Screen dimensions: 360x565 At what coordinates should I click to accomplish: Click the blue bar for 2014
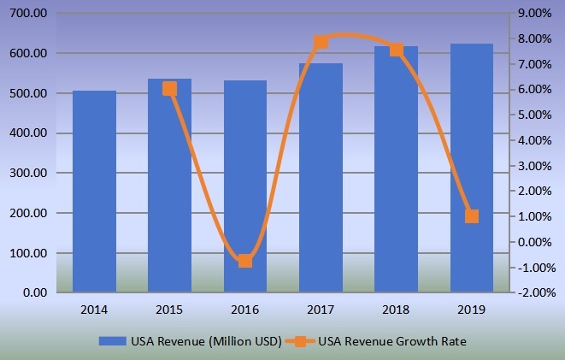tap(94, 192)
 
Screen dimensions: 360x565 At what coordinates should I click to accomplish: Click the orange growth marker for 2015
tap(169, 88)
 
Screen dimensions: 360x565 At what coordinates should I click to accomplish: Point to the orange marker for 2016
tap(245, 261)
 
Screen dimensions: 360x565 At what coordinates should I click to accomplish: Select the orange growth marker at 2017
tap(321, 42)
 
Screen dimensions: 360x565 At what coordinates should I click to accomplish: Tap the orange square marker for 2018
tap(397, 50)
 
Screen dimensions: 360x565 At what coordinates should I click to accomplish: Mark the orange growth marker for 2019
tap(472, 216)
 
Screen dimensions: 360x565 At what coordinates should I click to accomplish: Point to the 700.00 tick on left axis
tap(30, 15)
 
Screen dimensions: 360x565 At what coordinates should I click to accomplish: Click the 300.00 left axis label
tap(30, 174)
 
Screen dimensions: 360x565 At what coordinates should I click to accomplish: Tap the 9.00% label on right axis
tap(536, 15)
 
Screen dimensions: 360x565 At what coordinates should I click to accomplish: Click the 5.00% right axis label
tap(536, 115)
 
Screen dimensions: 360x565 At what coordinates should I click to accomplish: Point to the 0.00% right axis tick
tap(536, 242)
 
